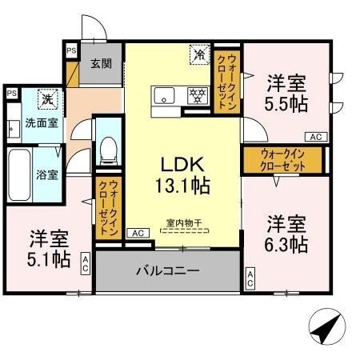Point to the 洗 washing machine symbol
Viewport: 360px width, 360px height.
[48, 99]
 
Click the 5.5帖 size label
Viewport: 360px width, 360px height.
[286, 102]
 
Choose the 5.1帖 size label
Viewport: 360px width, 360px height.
[50, 258]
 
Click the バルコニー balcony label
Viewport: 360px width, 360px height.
[166, 271]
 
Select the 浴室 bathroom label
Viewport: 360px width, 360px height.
[46, 174]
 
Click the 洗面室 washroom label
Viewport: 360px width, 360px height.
[40, 123]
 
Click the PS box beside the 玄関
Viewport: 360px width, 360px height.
[70, 50]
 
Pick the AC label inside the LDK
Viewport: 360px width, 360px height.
[136, 233]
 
